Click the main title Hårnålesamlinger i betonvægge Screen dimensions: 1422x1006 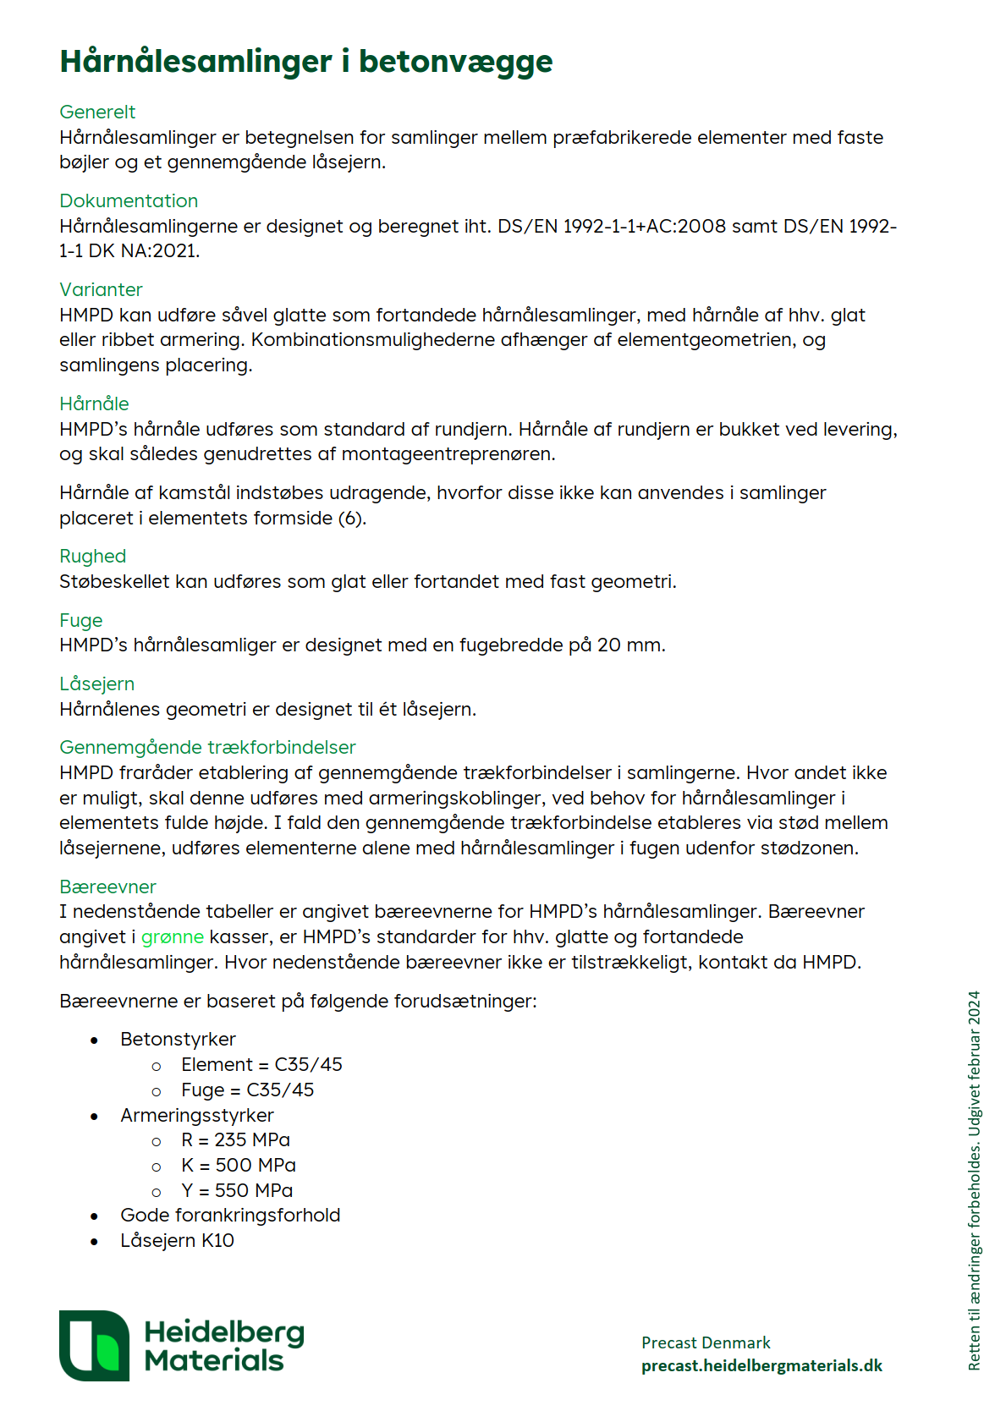tap(305, 62)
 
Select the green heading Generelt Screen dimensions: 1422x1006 tap(97, 112)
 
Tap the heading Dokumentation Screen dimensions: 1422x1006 tap(129, 200)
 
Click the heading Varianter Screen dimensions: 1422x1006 tap(101, 289)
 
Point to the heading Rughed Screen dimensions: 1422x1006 tap(92, 556)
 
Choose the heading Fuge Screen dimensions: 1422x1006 tap(80, 620)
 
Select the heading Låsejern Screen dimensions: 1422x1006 tap(96, 684)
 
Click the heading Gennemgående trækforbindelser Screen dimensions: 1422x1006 tap(207, 747)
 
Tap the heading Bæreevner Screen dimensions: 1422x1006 tap(107, 887)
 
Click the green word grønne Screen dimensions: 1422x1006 tap(172, 936)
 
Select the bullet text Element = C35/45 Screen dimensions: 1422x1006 tap(261, 1064)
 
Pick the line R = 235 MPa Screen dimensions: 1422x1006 tap(235, 1139)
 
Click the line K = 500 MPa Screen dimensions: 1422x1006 tap(239, 1165)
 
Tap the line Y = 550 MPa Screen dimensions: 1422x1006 tap(237, 1190)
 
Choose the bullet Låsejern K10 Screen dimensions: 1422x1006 tap(177, 1240)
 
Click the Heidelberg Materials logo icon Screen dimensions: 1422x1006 tap(94, 1345)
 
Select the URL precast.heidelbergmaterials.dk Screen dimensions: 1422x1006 tap(761, 1365)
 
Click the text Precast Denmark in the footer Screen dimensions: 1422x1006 tap(706, 1342)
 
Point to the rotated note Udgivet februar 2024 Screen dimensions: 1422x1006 tap(975, 1064)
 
